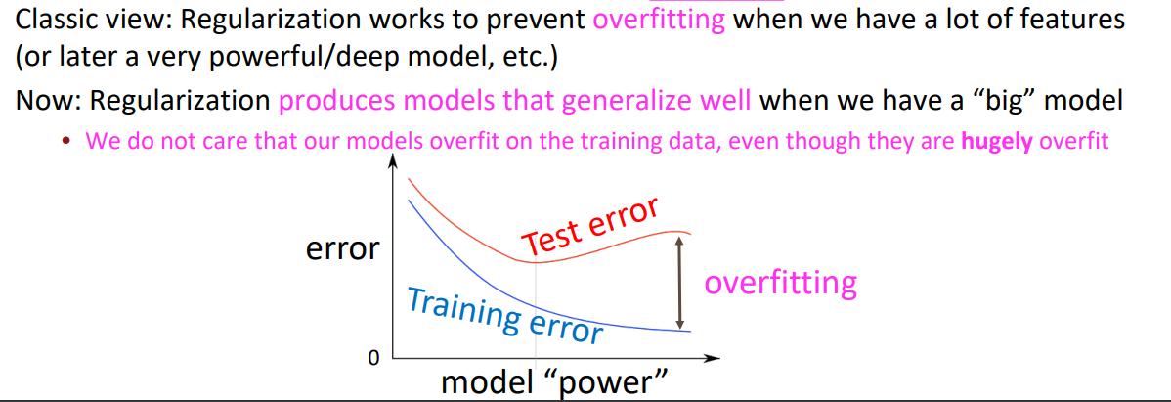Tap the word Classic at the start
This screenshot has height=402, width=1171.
53,21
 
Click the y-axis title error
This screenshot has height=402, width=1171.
342,248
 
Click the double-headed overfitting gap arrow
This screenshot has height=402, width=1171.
679,283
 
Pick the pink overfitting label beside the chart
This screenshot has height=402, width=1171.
780,285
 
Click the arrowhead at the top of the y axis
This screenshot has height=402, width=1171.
390,165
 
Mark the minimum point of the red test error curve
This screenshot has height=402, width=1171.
535,261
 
